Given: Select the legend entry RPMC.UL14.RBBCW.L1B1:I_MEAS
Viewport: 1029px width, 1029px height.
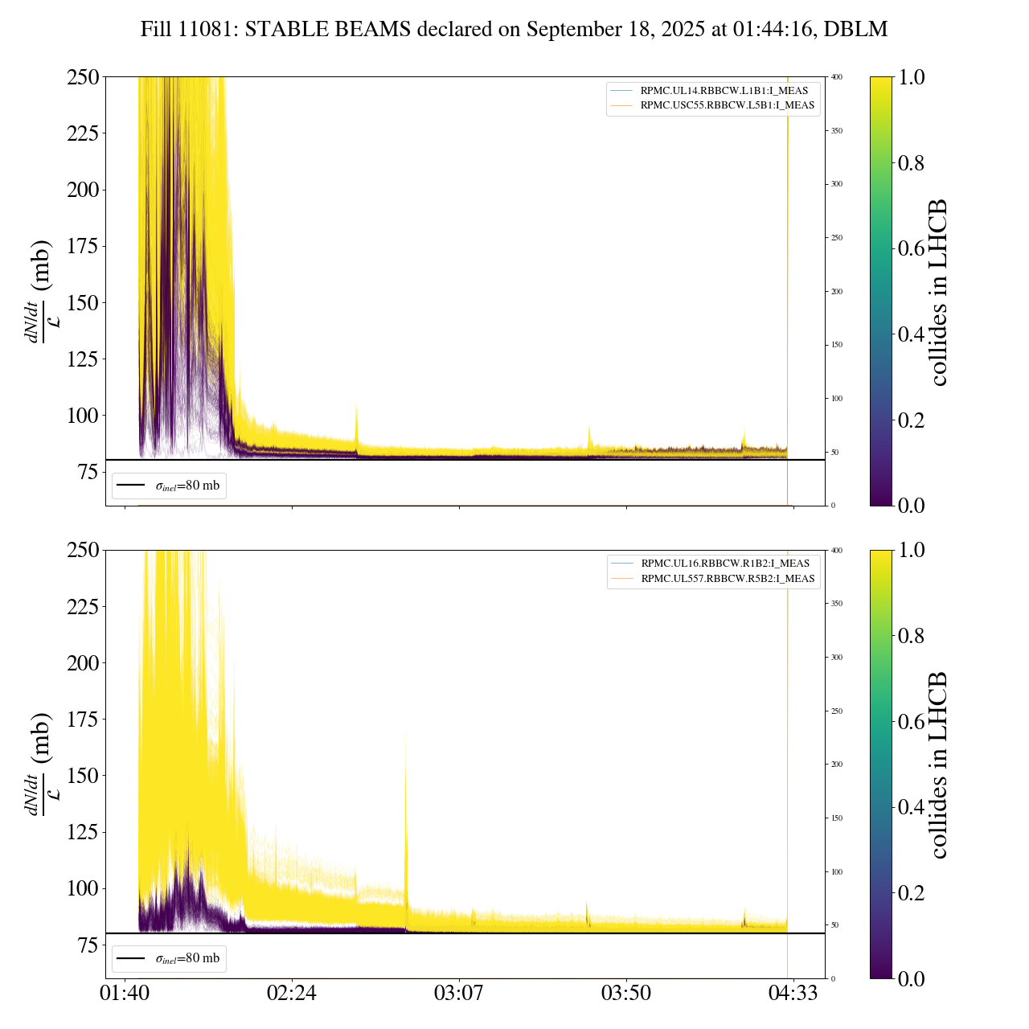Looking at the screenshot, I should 724,91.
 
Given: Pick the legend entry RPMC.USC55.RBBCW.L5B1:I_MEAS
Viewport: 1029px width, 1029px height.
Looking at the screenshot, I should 727,105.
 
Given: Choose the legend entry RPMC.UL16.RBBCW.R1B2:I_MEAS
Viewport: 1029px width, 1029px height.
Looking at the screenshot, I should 724,564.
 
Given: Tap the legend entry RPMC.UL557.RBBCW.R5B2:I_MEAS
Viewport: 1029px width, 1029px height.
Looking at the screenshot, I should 728,579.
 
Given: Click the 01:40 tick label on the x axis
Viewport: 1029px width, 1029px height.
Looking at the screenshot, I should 125,993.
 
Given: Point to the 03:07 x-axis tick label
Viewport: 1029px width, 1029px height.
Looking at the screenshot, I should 459,993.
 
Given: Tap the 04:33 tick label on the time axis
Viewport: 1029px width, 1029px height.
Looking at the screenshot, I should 793,993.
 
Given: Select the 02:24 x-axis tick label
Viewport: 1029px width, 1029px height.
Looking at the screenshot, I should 292,993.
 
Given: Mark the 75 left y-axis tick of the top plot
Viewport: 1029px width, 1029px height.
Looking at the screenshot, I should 86,472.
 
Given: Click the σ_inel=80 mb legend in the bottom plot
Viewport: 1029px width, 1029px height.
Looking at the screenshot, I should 170,958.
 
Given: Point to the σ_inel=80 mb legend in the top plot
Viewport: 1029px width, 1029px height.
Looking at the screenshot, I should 170,486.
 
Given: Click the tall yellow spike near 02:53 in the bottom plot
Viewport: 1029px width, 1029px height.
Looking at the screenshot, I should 406,804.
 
